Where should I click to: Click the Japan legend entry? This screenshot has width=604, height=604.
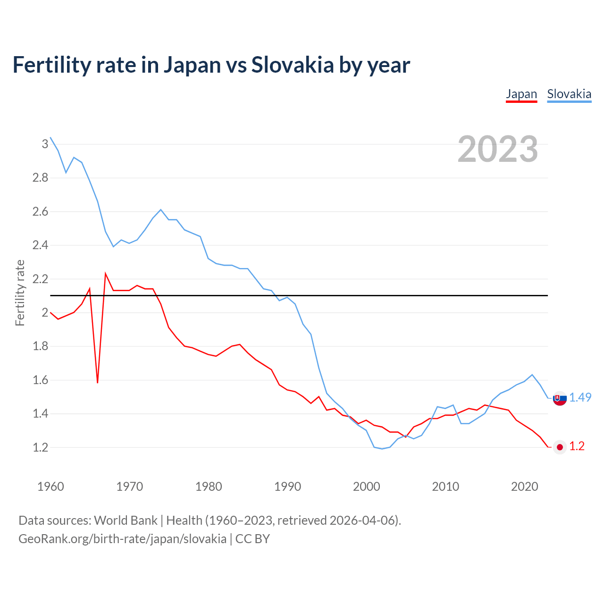[x=521, y=94]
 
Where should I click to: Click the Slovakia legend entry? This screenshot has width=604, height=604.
[x=569, y=94]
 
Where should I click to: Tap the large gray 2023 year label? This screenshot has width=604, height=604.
[x=498, y=149]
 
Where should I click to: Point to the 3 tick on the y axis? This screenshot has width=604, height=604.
[x=45, y=144]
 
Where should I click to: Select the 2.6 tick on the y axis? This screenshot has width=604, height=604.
[x=40, y=211]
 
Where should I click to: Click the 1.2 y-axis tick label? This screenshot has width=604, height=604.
[x=40, y=447]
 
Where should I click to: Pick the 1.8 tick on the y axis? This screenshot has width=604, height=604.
[x=40, y=346]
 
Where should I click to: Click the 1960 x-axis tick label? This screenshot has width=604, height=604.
[x=50, y=487]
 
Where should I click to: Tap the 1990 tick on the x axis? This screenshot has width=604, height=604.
[x=287, y=487]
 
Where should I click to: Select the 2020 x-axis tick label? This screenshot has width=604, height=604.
[x=524, y=487]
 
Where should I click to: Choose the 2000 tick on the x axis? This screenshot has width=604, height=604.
[x=366, y=487]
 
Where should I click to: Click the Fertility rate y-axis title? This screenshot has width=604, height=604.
[x=20, y=293]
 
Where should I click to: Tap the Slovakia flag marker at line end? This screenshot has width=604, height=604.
[x=560, y=399]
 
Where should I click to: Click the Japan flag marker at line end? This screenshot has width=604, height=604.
[x=560, y=447]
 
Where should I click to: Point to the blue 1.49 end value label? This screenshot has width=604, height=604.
[x=580, y=397]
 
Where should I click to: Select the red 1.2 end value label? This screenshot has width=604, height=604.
[x=577, y=446]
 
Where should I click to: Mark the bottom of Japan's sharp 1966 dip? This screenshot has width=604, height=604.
[x=98, y=382]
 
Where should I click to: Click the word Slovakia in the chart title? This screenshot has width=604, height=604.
[x=292, y=65]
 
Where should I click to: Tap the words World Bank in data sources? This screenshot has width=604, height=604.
[x=126, y=520]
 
